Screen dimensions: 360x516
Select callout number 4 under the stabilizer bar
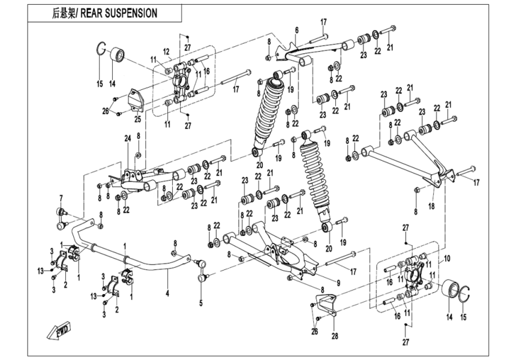(x=168, y=293)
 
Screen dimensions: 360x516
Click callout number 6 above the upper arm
(x=296, y=30)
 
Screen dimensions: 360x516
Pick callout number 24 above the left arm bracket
(x=127, y=139)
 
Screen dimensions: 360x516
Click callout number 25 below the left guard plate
(x=137, y=119)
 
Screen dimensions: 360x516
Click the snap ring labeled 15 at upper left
(x=101, y=50)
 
